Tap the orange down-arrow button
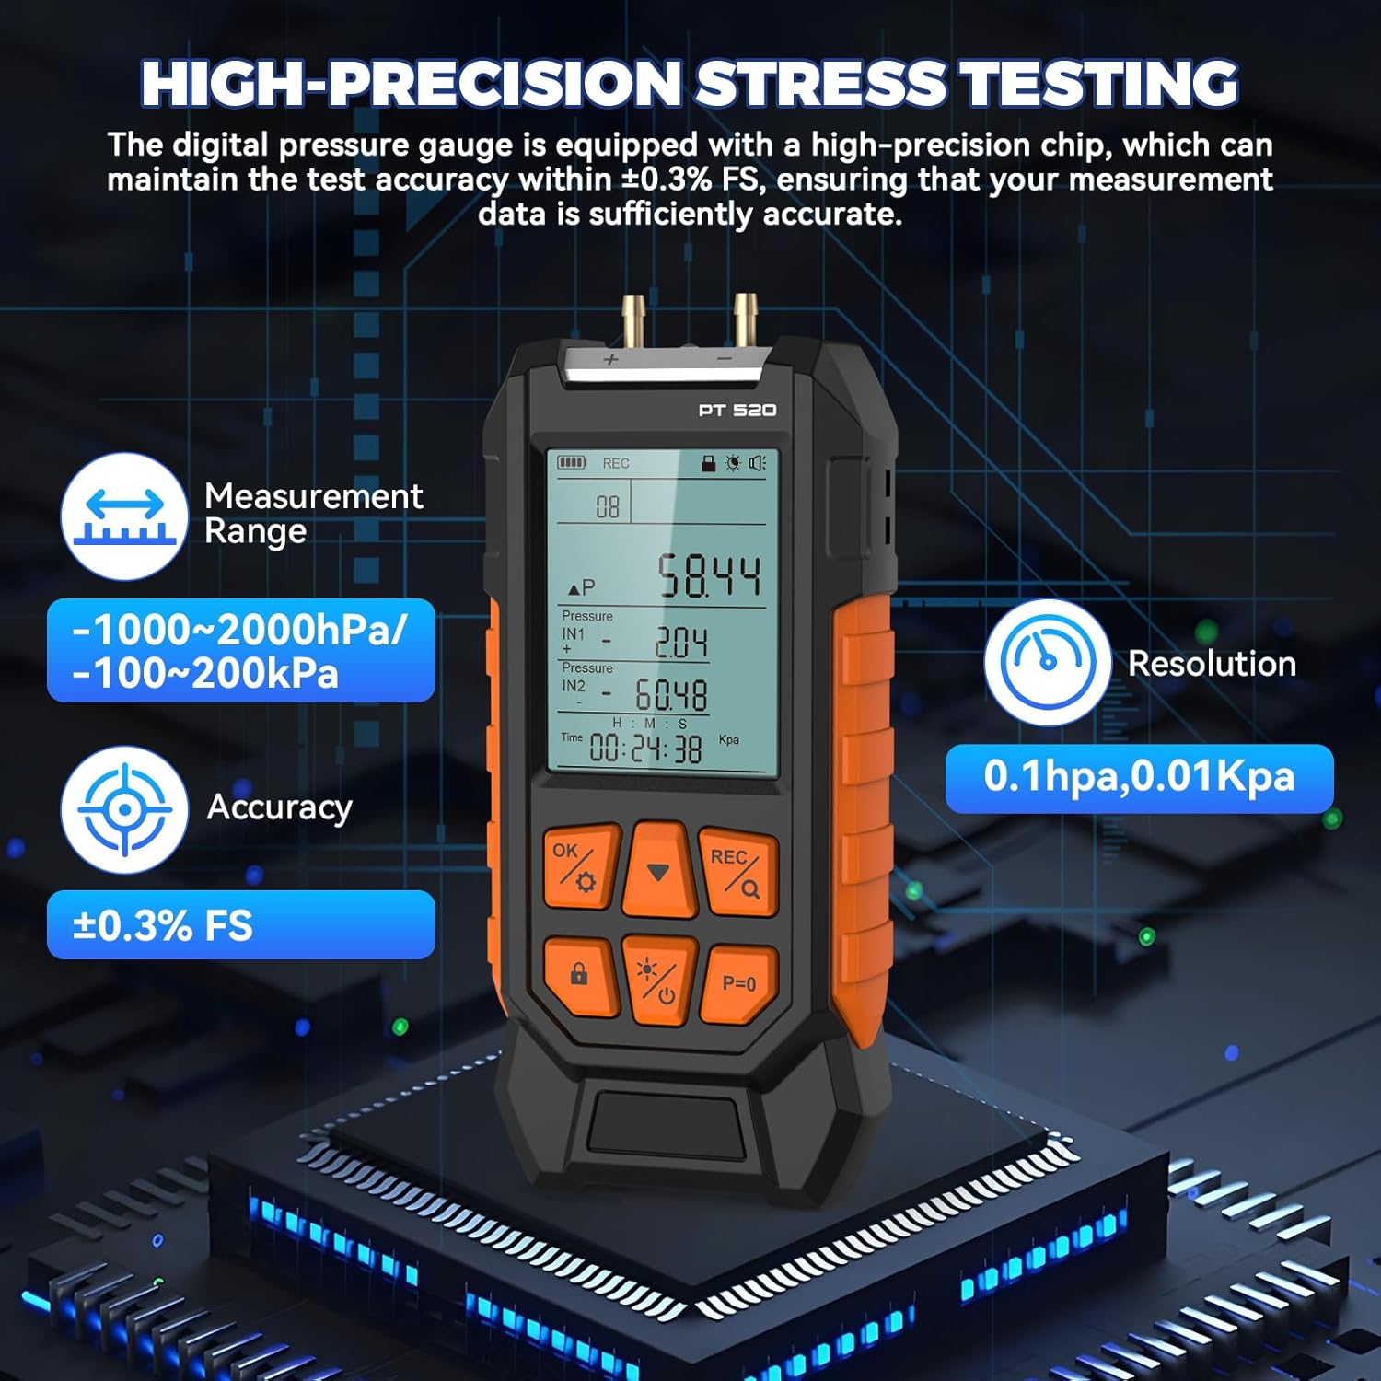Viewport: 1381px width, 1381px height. click(x=657, y=870)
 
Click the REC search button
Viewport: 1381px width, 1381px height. click(x=737, y=872)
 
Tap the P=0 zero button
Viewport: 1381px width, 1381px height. click(x=738, y=983)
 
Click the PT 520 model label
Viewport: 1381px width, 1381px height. click(x=737, y=410)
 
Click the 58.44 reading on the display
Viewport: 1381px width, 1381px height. click(x=708, y=577)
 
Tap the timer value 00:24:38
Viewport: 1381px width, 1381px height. click(x=644, y=749)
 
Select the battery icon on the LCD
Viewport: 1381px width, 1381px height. click(x=571, y=462)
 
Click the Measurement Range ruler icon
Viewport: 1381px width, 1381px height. click(x=124, y=516)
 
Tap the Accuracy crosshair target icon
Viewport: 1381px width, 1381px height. click(x=124, y=809)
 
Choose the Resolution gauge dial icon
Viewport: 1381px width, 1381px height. click(x=1047, y=662)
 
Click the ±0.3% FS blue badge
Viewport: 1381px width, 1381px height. click(x=240, y=924)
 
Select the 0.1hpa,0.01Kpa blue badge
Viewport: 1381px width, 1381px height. click(x=1139, y=778)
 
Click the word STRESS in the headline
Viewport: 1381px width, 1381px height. click(x=819, y=84)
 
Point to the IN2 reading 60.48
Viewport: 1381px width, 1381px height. click(x=671, y=695)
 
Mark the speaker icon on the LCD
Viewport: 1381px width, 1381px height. click(x=757, y=462)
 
